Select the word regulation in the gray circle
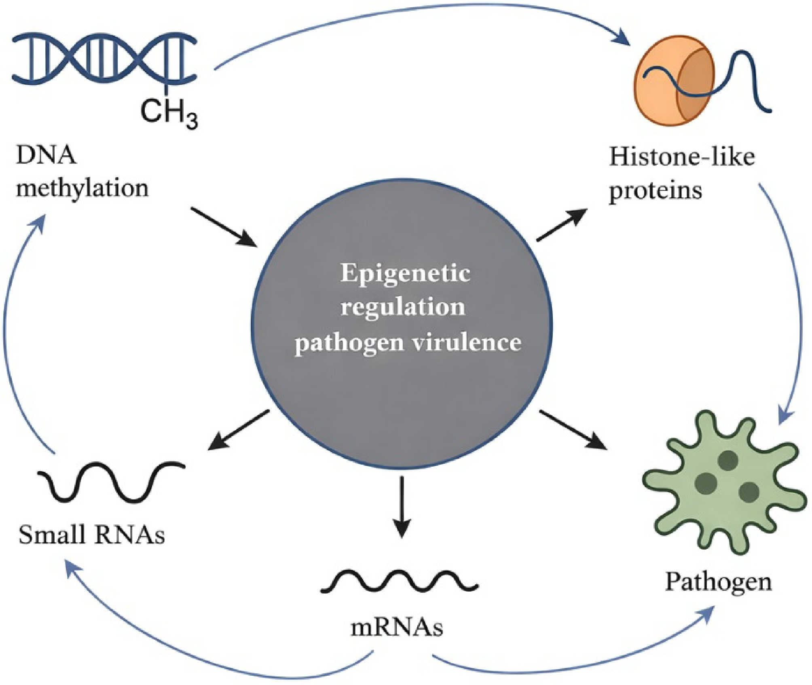(403, 307)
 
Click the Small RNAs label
(92, 535)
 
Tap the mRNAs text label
(397, 628)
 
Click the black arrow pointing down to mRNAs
(402, 507)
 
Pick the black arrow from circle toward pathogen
(573, 429)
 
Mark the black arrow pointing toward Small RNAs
(239, 429)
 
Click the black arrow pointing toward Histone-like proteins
(562, 225)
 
